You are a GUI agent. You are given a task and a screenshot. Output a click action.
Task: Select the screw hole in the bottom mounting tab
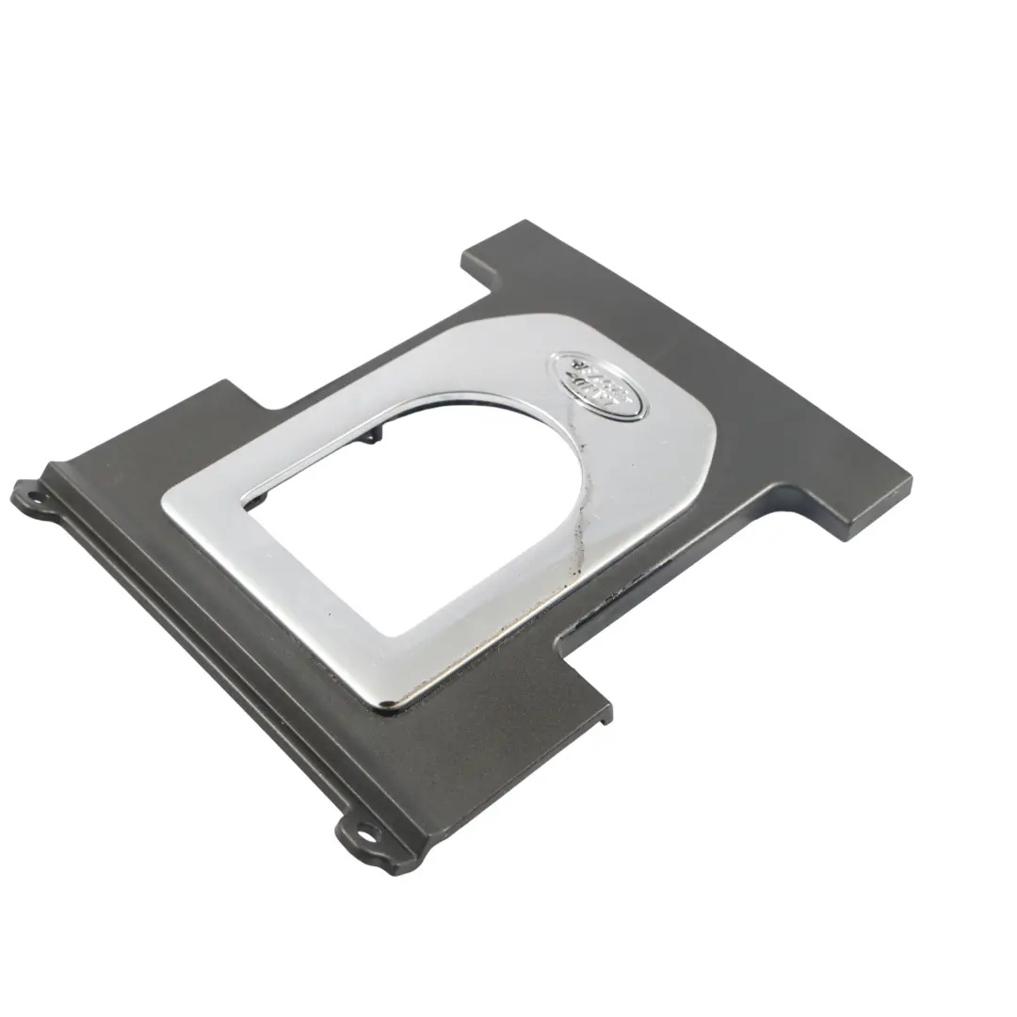363,832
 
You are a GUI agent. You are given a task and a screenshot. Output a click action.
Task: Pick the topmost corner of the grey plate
525,222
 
